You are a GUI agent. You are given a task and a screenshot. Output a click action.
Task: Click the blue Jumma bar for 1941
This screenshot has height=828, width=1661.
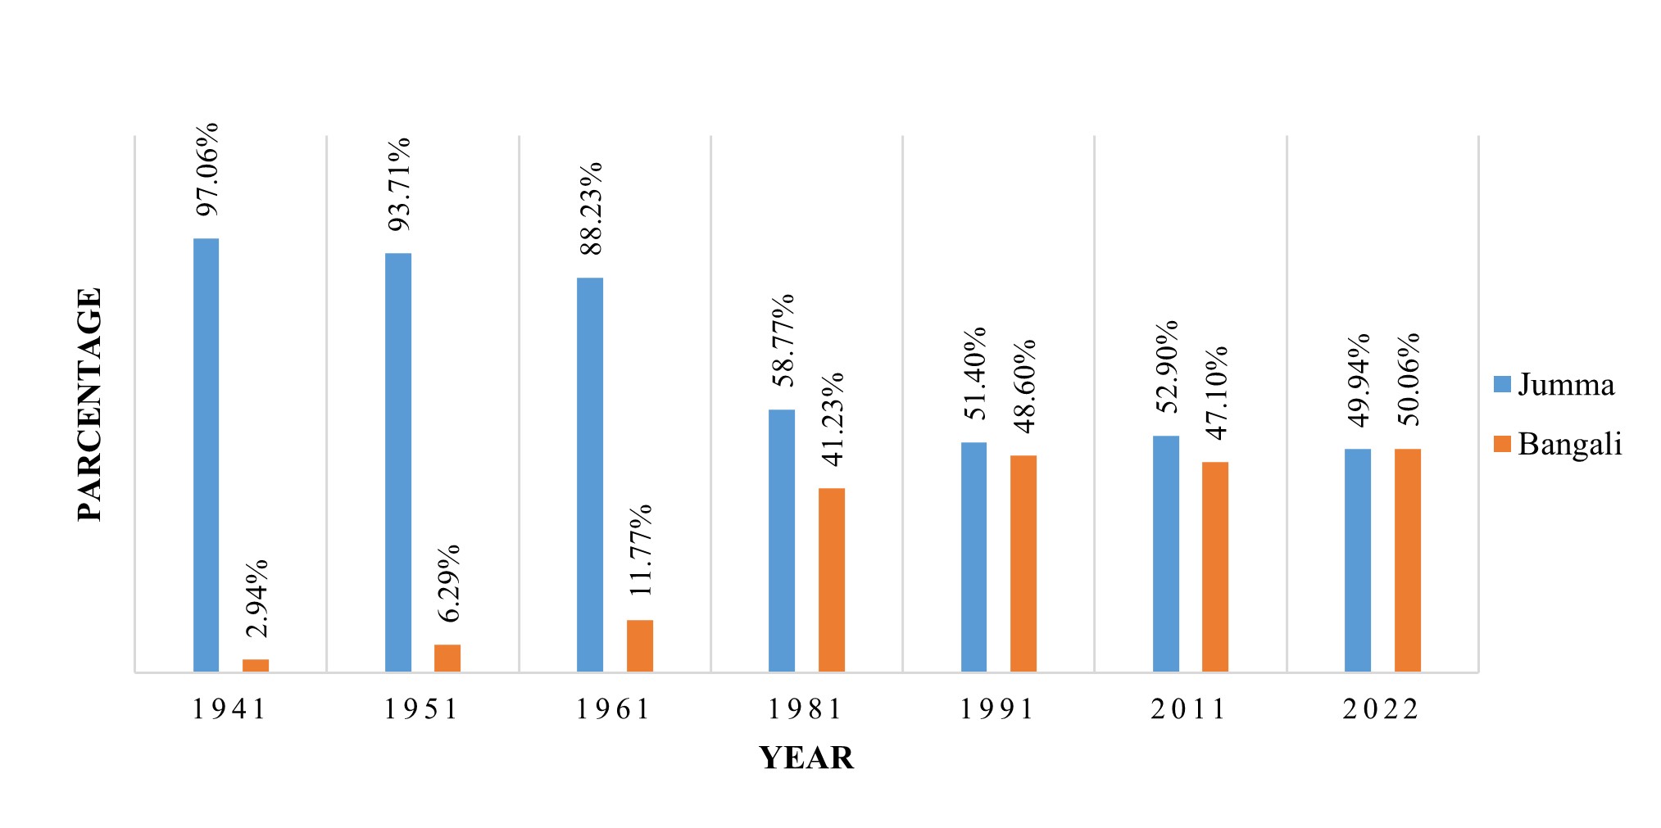tap(206, 455)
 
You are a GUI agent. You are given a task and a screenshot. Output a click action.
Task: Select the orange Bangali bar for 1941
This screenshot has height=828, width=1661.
tap(256, 665)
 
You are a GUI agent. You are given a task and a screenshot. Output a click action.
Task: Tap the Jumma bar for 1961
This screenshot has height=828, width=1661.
tap(590, 475)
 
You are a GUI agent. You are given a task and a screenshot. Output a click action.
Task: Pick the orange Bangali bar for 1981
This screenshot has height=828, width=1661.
tap(831, 580)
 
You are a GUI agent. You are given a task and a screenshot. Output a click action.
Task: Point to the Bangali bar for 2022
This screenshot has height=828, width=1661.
tap(1408, 560)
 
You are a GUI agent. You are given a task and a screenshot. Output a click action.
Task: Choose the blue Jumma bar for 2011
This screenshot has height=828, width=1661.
tap(1166, 554)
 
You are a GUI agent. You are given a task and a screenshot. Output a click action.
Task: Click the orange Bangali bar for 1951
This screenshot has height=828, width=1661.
tap(447, 658)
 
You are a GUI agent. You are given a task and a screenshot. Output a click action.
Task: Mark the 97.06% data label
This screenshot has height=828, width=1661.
tap(208, 170)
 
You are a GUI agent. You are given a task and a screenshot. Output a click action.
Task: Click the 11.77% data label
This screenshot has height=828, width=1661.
tap(640, 550)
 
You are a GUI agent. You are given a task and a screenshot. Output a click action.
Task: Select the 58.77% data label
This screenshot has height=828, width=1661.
tap(783, 340)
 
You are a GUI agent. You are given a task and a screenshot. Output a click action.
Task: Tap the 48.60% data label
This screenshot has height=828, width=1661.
tap(1024, 386)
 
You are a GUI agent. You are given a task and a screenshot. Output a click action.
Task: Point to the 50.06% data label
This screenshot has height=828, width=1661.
tap(1409, 379)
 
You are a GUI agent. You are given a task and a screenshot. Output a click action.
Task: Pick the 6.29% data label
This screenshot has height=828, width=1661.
tap(448, 583)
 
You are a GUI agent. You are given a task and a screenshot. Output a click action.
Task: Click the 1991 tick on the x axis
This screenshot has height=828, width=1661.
tap(998, 709)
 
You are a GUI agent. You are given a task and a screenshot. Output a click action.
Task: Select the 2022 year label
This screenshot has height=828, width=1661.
tap(1382, 709)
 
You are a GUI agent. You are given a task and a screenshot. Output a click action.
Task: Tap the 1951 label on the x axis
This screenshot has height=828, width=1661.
tap(422, 709)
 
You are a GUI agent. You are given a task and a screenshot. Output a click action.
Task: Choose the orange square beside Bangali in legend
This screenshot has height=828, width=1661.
tap(1502, 444)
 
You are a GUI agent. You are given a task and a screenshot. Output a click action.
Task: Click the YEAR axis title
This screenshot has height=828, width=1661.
tap(806, 758)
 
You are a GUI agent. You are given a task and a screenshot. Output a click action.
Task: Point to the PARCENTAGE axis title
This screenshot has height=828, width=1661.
tap(90, 405)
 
